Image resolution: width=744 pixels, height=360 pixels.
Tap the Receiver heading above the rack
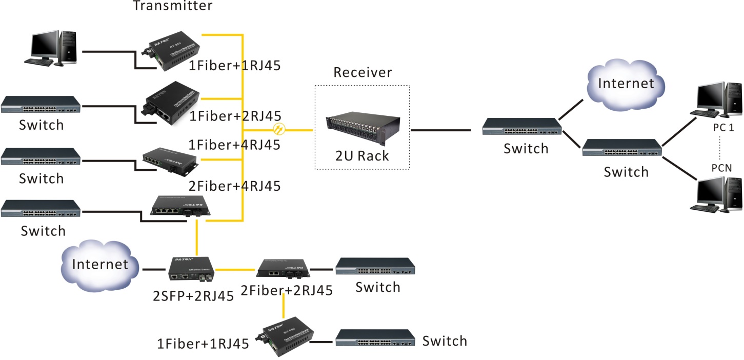(363, 72)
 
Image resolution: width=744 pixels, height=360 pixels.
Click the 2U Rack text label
(361, 155)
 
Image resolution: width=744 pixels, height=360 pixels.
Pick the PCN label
(721, 168)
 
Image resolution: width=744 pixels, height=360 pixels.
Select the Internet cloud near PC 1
(626, 84)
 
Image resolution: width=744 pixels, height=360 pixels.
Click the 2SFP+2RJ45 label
(194, 295)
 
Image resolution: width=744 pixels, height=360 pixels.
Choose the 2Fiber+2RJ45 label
(287, 291)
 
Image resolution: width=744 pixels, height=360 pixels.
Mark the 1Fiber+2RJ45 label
(235, 116)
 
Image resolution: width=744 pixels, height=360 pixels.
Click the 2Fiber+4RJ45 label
(235, 185)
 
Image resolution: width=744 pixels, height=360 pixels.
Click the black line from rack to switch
(441, 130)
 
